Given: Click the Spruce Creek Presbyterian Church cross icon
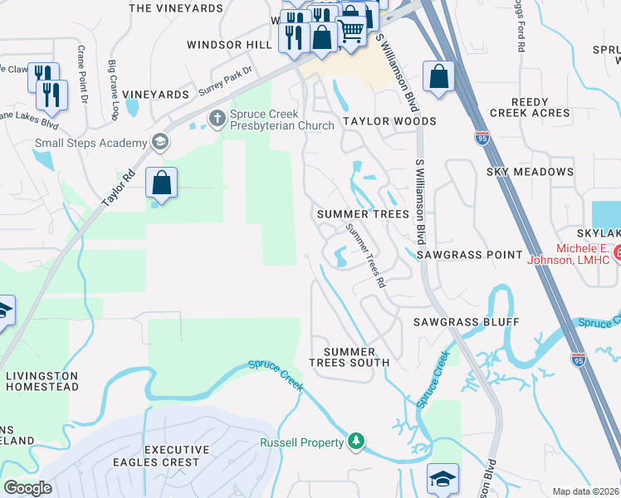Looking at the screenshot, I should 218,117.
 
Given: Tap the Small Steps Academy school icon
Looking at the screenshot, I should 159,143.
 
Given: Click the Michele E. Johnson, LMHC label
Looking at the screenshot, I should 573,254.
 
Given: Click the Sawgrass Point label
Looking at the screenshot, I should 470,254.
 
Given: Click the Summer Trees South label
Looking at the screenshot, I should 349,357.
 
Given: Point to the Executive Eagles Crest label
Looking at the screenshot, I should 172,456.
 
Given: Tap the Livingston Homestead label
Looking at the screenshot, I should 42,381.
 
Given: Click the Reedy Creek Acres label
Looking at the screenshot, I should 530,107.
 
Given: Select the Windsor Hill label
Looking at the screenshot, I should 229,45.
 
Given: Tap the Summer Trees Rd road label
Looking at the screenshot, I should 367,256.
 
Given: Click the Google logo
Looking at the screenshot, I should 27,488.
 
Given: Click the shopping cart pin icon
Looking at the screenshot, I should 351,32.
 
